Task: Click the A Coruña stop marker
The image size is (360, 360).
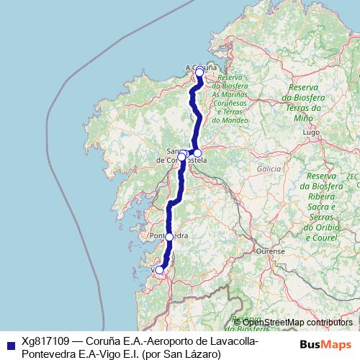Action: pyautogui.click(x=199, y=72)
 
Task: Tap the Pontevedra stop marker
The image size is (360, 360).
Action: pyautogui.click(x=169, y=236)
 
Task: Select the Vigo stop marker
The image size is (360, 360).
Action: pyautogui.click(x=160, y=270)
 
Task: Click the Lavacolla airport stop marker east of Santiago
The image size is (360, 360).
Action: pyautogui.click(x=197, y=153)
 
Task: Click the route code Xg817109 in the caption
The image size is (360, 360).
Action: pyautogui.click(x=46, y=343)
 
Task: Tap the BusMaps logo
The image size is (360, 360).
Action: pyautogui.click(x=325, y=345)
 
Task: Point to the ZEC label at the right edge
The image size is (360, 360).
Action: pyautogui.click(x=352, y=176)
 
